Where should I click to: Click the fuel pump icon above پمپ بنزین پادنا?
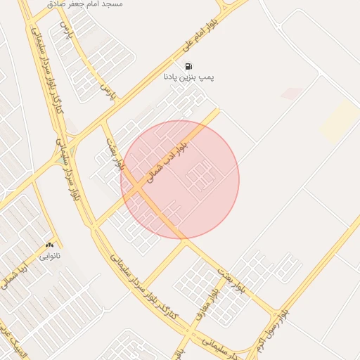[x=188, y=66]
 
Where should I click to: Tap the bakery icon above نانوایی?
[x=49, y=245]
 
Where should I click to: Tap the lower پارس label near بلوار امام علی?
[x=108, y=91]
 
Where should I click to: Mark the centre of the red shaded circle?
[x=180, y=179]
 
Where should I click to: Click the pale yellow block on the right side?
[x=341, y=120]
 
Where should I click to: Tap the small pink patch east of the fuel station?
[x=292, y=93]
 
